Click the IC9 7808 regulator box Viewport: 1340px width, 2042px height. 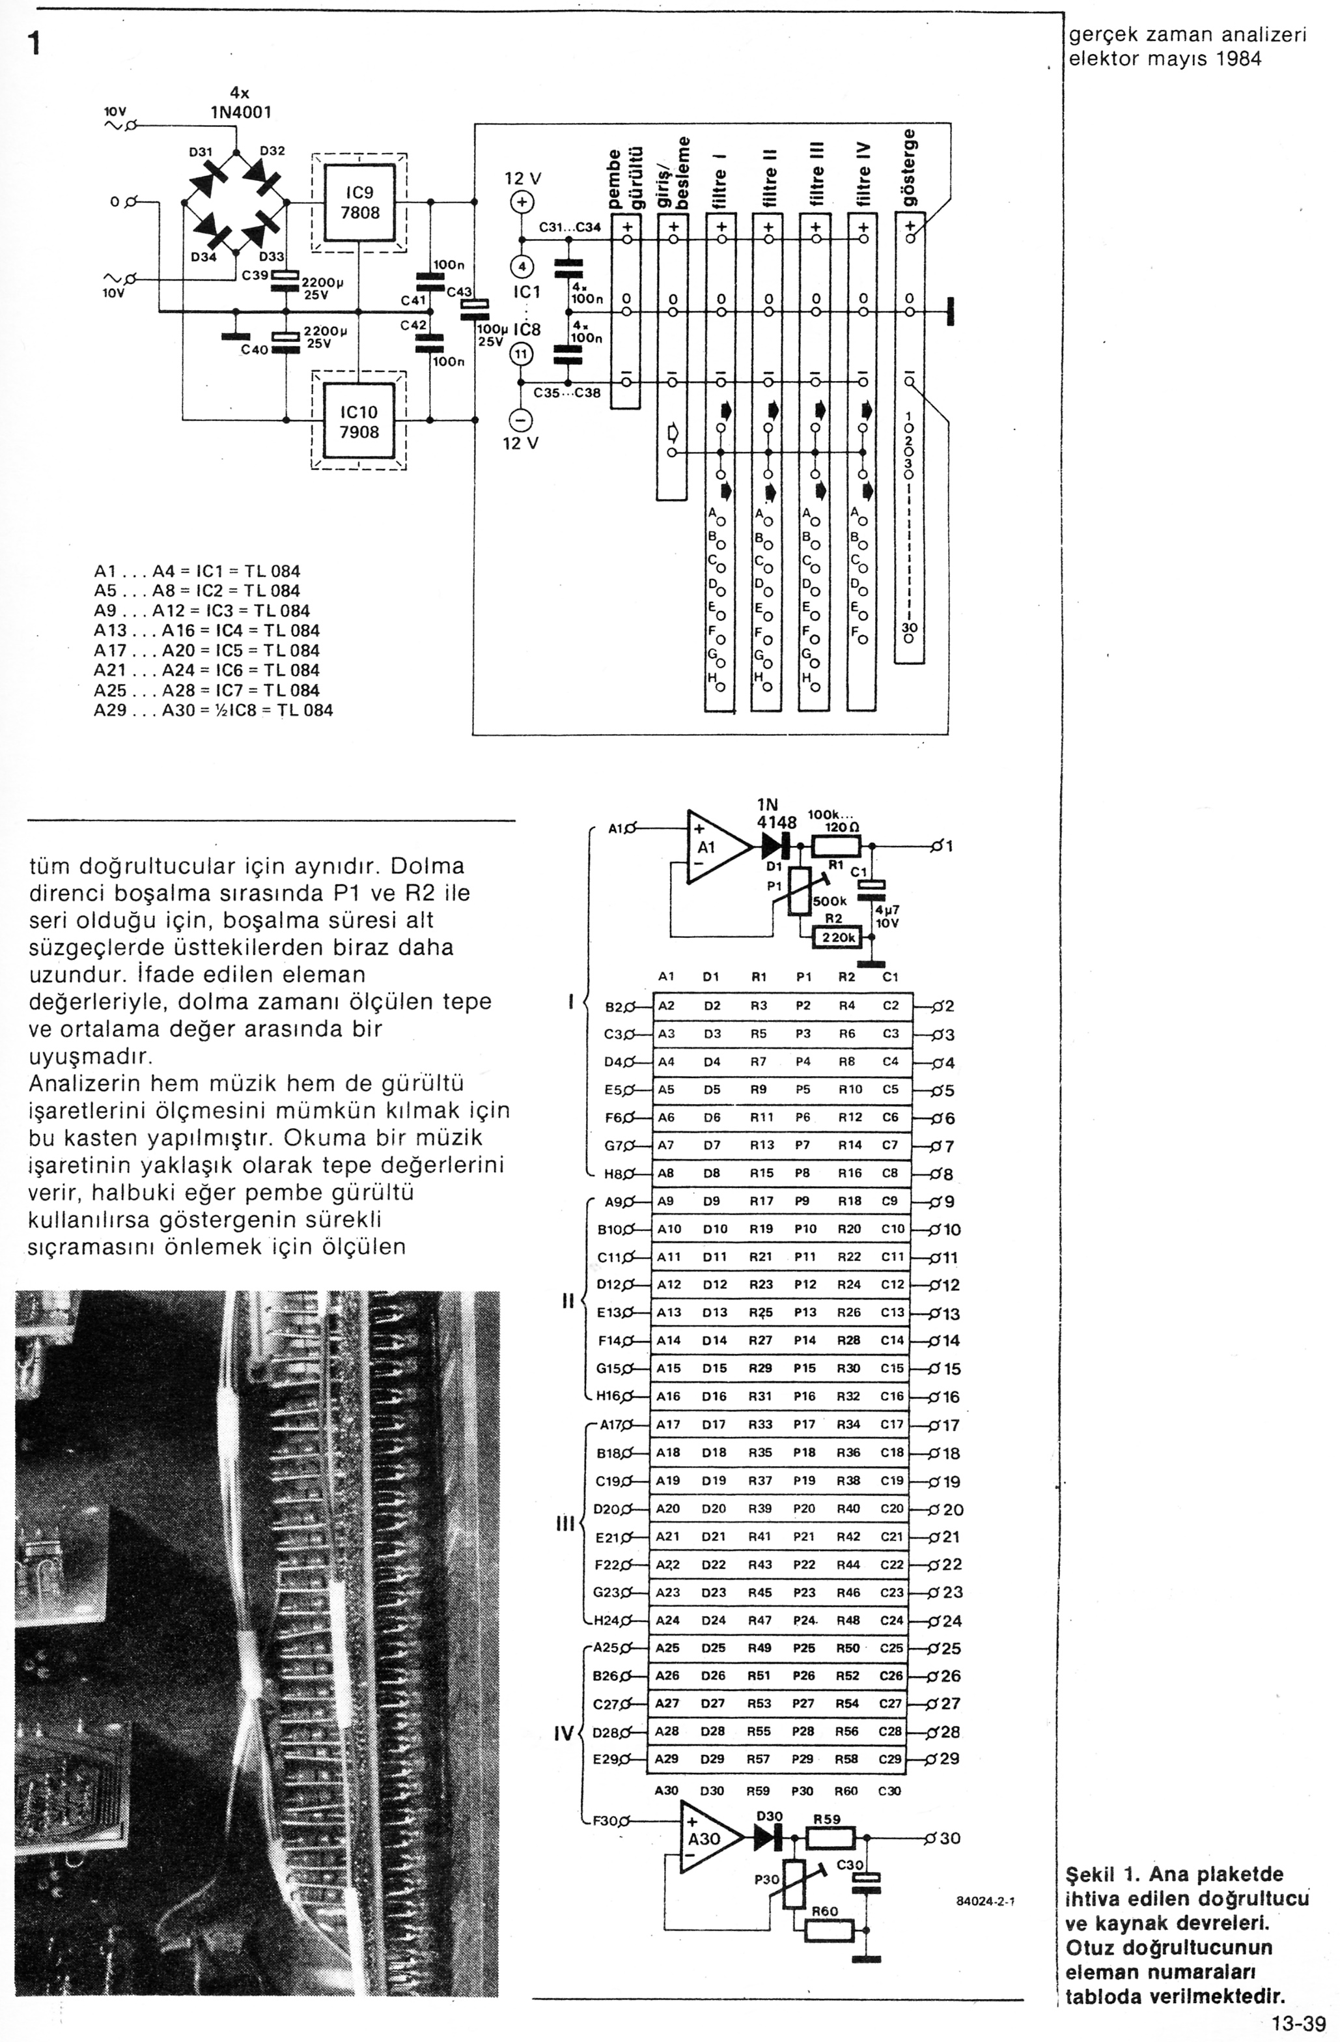[x=359, y=203]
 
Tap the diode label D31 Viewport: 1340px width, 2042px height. [x=201, y=152]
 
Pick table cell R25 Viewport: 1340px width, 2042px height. [x=760, y=1312]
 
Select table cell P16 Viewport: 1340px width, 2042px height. [x=804, y=1397]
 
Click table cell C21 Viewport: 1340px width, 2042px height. [x=892, y=1537]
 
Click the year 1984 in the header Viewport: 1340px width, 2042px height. [x=1237, y=59]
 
